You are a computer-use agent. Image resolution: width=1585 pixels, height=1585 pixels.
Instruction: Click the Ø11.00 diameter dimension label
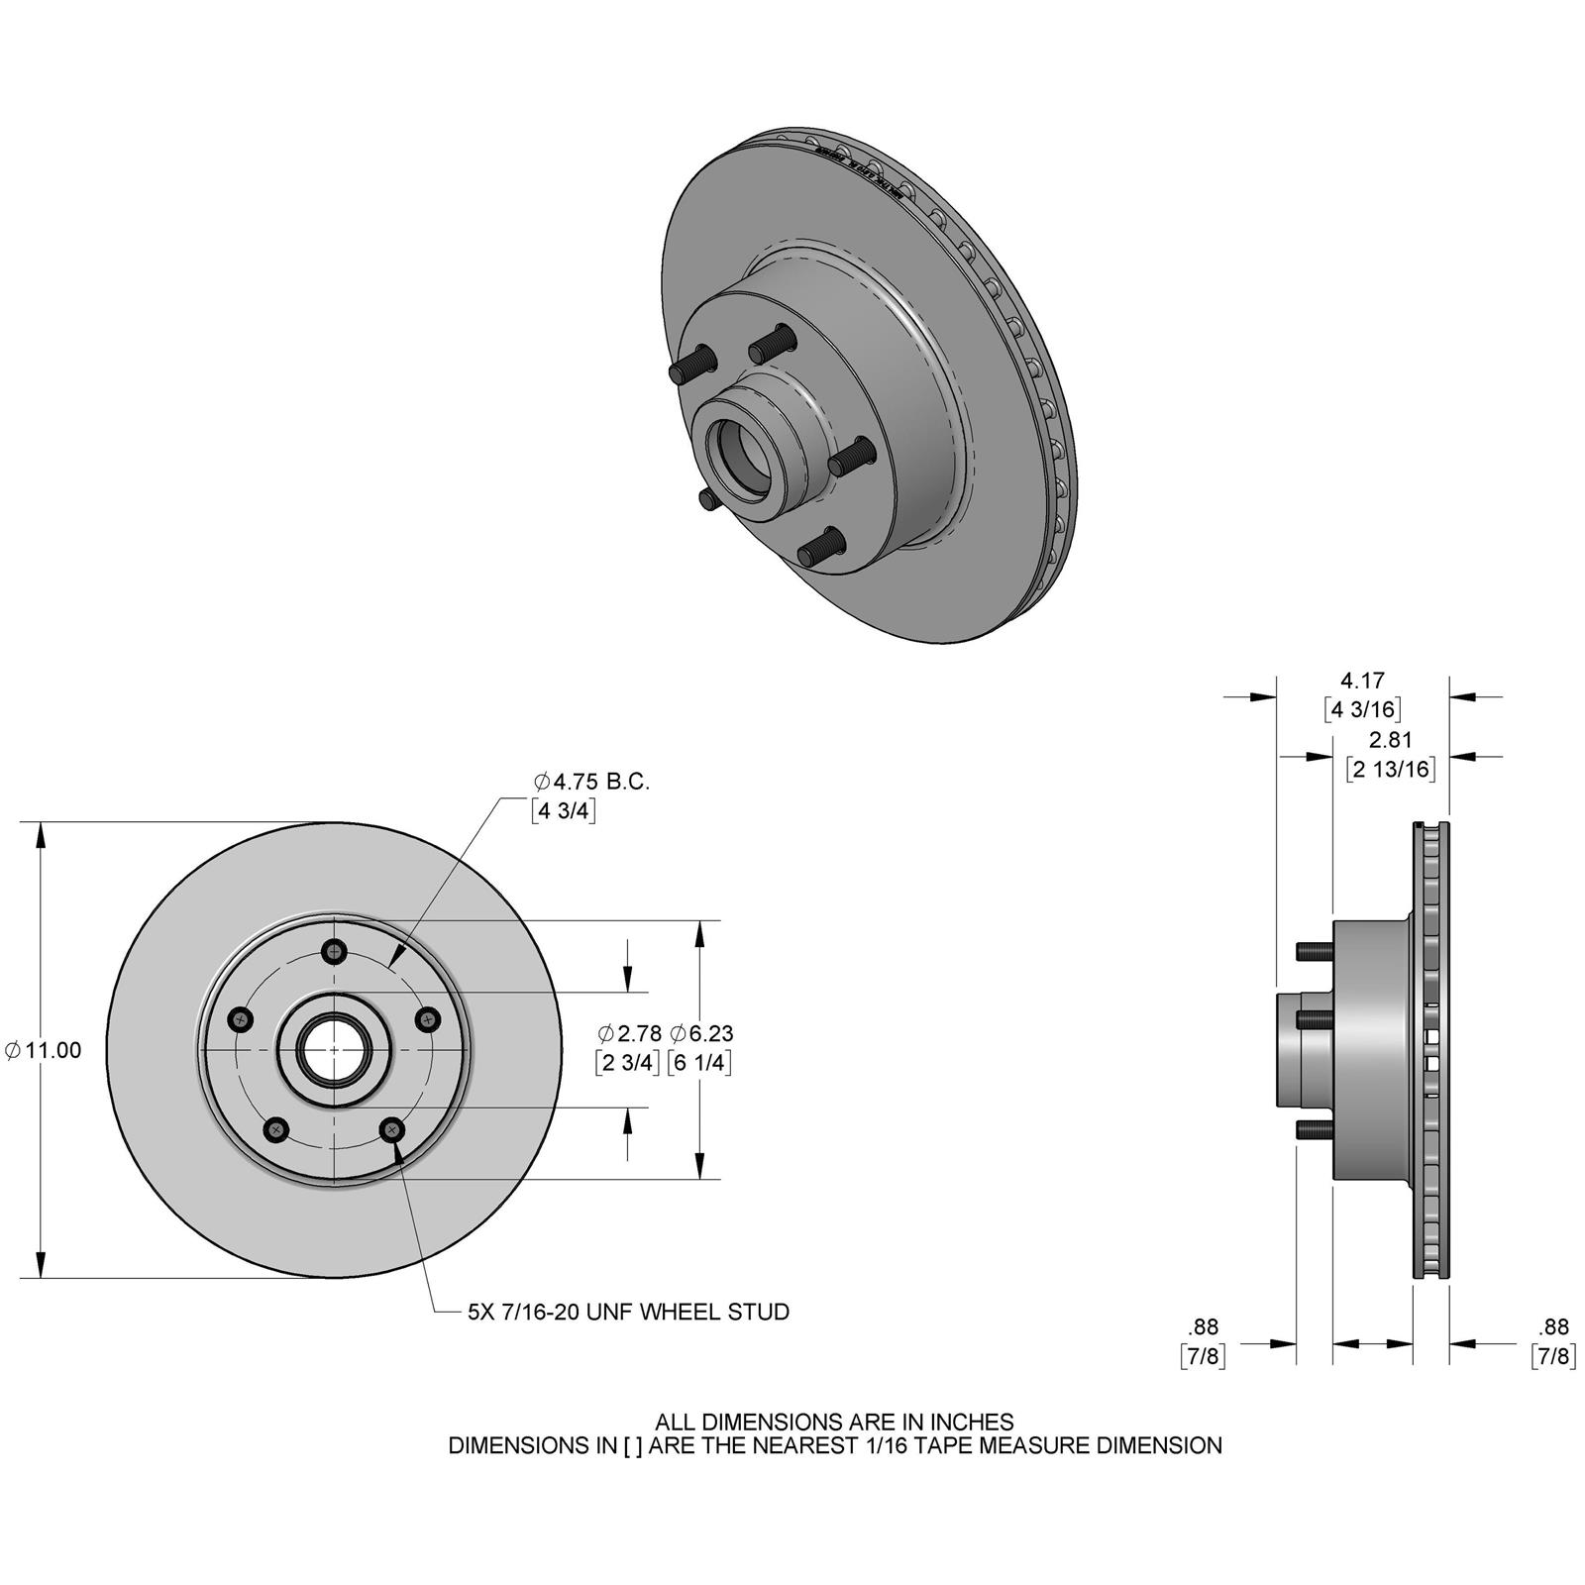click(45, 1050)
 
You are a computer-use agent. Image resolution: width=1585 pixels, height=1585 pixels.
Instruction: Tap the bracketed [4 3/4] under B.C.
click(563, 811)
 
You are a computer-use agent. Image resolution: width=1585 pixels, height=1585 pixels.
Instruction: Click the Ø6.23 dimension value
click(701, 1033)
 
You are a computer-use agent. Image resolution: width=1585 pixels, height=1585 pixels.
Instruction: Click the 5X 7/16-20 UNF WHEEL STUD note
click(628, 1312)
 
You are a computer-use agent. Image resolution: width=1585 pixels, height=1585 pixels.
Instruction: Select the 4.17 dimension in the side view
click(1362, 681)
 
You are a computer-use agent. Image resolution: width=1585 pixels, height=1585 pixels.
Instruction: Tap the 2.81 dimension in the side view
click(1390, 739)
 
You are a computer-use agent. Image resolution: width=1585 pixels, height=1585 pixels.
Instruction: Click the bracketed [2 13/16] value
click(1390, 769)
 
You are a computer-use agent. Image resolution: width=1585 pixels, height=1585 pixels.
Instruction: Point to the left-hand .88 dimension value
click(1203, 1326)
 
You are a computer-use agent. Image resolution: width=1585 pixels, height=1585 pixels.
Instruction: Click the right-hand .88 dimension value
click(1553, 1326)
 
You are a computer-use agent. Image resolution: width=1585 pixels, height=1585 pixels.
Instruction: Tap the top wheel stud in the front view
click(337, 952)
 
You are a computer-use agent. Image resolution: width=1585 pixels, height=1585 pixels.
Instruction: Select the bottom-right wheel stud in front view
click(393, 1128)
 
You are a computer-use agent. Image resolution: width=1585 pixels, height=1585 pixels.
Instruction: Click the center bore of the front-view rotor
click(335, 1050)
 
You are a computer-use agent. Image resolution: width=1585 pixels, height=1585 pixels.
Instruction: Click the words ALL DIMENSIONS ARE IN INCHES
click(834, 1422)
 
